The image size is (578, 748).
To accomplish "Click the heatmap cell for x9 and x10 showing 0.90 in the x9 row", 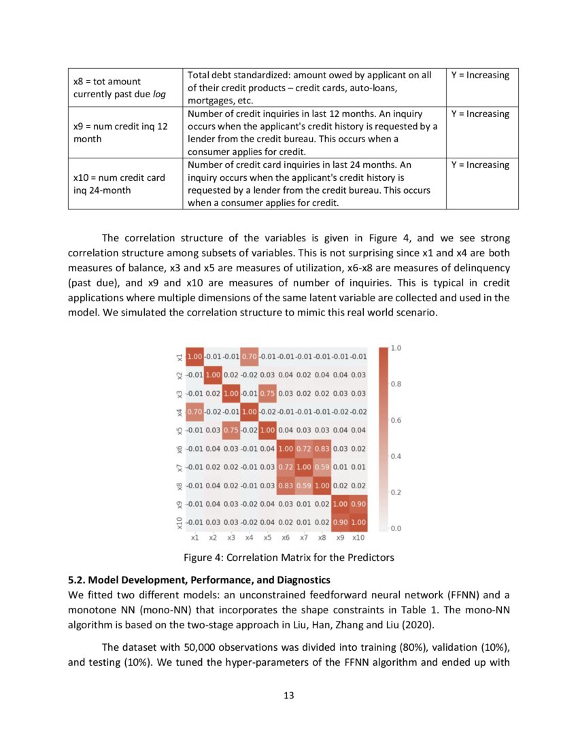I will click(x=358, y=505).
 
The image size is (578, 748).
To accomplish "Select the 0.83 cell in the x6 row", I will click(x=322, y=449).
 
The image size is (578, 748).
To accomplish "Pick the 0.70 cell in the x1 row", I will click(x=249, y=355).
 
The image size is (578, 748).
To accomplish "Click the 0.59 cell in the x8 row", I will click(x=303, y=486).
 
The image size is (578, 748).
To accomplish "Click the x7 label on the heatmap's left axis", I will click(x=179, y=468).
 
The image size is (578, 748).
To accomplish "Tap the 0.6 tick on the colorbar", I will click(x=396, y=420).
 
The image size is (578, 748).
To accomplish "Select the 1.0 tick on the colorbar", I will click(x=396, y=348).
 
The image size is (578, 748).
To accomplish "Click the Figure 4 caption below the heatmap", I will click(x=289, y=558).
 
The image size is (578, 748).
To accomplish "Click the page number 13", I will click(x=288, y=695).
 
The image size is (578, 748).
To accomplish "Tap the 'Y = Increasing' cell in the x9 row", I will click(x=480, y=114).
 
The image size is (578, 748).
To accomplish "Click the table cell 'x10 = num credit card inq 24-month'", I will click(x=119, y=184).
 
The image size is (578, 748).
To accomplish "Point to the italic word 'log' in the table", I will click(x=159, y=94).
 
